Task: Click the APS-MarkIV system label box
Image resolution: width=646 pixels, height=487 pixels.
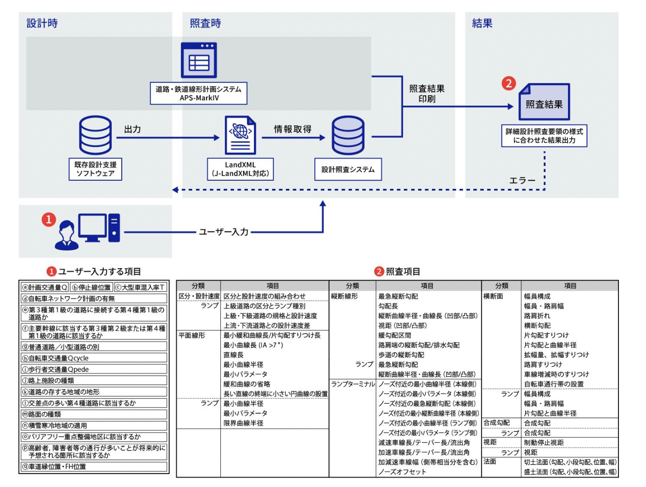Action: pos(199,93)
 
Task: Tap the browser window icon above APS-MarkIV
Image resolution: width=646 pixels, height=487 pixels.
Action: pos(199,60)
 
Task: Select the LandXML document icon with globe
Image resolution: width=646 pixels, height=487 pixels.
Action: pos(240,135)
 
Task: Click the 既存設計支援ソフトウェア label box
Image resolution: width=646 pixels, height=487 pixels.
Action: pos(95,169)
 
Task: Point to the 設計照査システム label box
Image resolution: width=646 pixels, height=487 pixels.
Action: pos(348,169)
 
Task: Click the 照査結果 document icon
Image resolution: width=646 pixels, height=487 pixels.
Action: pos(544,102)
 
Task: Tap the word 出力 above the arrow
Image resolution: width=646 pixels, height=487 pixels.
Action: pos(132,129)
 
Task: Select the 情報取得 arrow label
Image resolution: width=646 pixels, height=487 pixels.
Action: pos(293,129)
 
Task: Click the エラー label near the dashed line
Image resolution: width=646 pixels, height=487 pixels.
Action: pos(522,181)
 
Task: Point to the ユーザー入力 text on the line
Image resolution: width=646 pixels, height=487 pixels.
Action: pos(224,232)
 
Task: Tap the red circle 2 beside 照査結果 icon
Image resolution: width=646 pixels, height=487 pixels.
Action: pos(509,84)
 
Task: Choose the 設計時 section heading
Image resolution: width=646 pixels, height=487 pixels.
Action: pos(42,23)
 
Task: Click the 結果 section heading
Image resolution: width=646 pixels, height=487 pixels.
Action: pos(482,23)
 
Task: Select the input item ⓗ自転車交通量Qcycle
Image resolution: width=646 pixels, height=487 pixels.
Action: pos(94,358)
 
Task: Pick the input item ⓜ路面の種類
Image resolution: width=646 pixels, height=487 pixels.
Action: pos(94,414)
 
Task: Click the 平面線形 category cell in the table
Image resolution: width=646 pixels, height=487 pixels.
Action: pos(192,335)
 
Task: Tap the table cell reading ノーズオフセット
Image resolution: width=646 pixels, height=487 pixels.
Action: pos(402,472)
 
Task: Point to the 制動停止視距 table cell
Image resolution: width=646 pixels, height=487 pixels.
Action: pos(544,442)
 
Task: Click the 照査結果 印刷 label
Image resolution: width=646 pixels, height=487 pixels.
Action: pos(427,94)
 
